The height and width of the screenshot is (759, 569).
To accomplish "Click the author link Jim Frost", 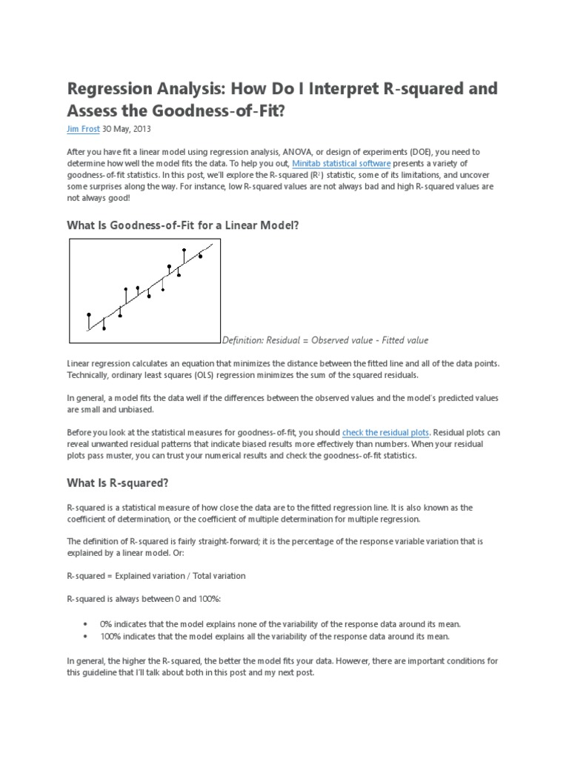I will click(x=83, y=128).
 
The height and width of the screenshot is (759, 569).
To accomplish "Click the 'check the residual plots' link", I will click(x=385, y=431).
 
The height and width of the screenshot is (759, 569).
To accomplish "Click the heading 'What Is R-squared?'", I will click(x=118, y=483).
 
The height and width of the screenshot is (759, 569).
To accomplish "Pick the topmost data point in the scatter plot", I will click(x=184, y=251).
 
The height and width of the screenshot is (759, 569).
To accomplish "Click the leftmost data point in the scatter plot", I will click(x=89, y=315).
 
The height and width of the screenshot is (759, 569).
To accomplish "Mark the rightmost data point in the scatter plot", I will click(x=200, y=256).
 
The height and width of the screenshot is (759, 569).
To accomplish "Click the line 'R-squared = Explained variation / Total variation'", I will click(x=156, y=576).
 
